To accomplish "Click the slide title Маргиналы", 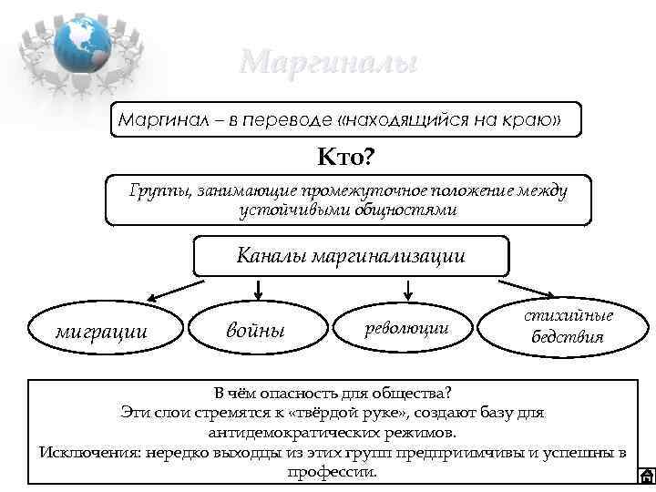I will click(329, 62).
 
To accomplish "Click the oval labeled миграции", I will click(102, 329).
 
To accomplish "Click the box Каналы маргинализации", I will click(351, 256).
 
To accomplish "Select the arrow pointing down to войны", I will click(259, 290).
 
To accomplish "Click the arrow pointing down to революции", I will click(408, 290).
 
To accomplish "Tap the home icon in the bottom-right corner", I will click(645, 475).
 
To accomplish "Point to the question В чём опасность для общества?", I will click(333, 394).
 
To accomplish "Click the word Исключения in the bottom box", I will click(85, 453).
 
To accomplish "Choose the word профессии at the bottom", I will click(332, 472).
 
